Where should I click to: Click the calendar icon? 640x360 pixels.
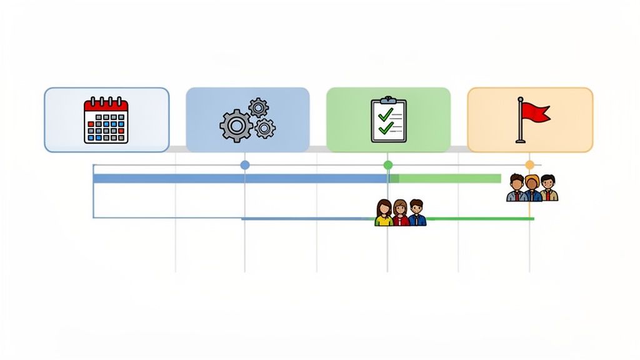[106, 120]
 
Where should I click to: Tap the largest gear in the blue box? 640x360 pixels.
[236, 126]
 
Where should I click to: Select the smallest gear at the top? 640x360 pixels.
[258, 107]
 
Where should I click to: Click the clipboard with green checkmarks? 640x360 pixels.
[387, 120]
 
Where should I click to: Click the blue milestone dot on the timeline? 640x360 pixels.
[245, 165]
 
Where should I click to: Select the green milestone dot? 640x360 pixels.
[388, 165]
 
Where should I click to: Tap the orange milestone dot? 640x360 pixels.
[530, 165]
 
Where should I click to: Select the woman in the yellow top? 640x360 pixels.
[384, 213]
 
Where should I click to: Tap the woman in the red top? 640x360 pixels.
[400, 213]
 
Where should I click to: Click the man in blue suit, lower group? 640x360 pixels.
[417, 213]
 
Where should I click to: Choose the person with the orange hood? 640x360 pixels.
[532, 188]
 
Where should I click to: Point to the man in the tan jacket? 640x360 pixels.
[548, 188]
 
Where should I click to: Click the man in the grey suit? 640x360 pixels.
[516, 188]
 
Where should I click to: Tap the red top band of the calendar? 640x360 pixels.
[106, 105]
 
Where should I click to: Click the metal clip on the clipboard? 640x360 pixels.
[387, 99]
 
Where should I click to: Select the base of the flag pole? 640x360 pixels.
[520, 141]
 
